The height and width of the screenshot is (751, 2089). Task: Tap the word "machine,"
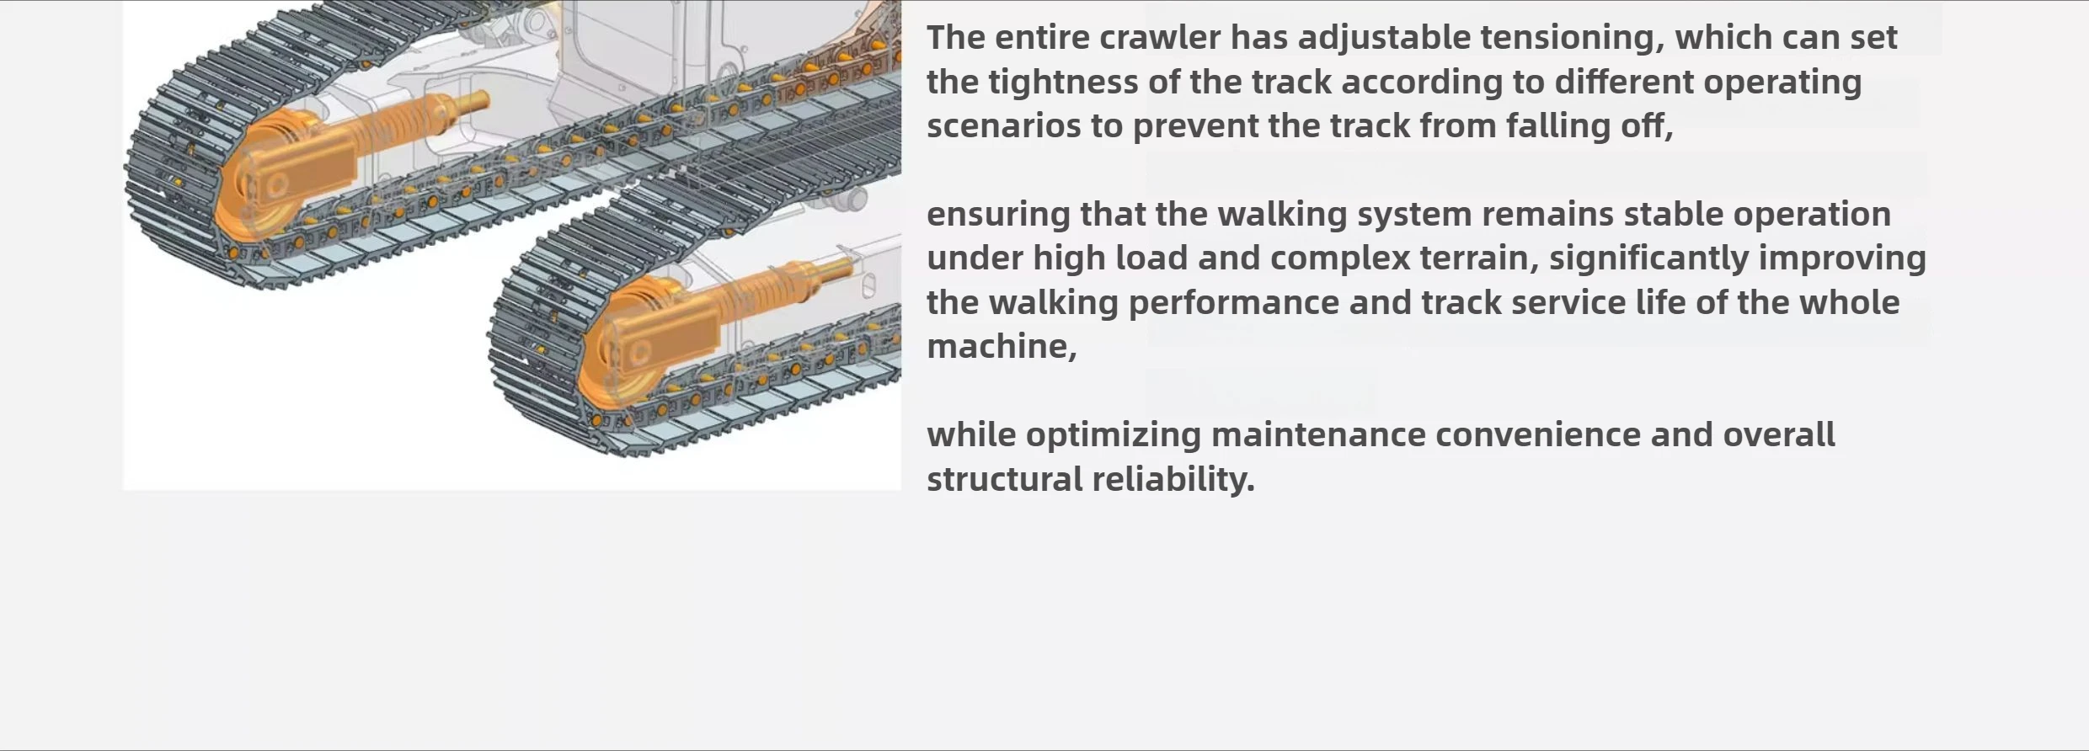point(1002,347)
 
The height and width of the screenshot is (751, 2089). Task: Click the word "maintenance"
point(1318,435)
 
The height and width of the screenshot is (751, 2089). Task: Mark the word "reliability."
point(1173,480)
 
